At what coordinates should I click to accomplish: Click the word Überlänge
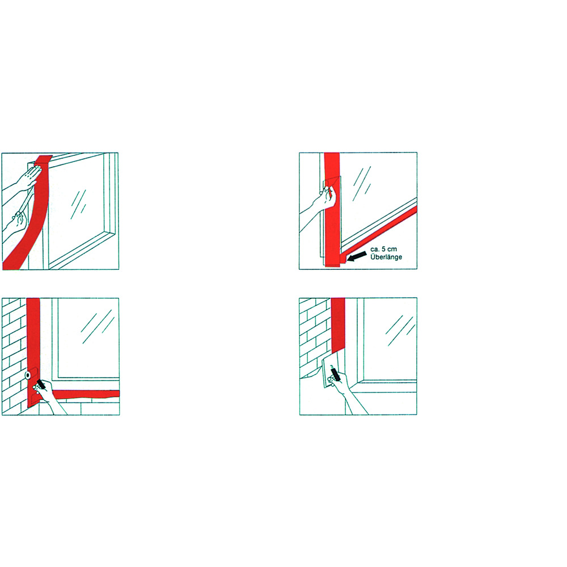click(386, 257)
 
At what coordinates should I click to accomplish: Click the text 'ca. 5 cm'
click(383, 249)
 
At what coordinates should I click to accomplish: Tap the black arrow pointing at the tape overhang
click(356, 256)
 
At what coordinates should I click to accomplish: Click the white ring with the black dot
click(28, 376)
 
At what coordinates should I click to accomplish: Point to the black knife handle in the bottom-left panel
click(41, 384)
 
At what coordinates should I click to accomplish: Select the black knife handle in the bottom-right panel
click(335, 373)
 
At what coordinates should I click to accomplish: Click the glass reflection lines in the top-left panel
click(78, 204)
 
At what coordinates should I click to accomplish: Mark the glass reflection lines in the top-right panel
click(362, 183)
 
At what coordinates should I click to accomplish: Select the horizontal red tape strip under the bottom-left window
click(87, 394)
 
